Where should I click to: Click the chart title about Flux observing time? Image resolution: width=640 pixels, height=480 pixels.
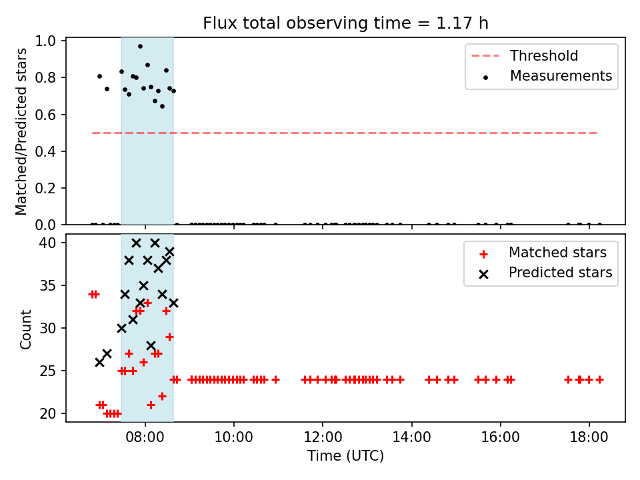[x=345, y=23]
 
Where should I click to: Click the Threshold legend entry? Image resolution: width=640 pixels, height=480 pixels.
[x=525, y=55]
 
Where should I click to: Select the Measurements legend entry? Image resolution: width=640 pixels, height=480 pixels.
[x=547, y=76]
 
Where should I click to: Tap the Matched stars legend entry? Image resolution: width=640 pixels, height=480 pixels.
[x=543, y=253]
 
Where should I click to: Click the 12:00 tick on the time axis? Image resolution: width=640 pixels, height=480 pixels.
[x=323, y=437]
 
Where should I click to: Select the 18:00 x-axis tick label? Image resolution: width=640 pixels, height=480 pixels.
[x=589, y=437]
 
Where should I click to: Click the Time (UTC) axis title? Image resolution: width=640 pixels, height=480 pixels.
[x=345, y=455]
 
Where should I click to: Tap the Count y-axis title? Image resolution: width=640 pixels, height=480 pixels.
[x=25, y=329]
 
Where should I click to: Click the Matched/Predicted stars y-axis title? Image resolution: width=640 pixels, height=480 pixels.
[x=21, y=131]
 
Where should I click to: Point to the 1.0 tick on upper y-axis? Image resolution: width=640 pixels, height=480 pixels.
[x=45, y=41]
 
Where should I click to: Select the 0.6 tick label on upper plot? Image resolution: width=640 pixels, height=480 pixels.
[x=45, y=115]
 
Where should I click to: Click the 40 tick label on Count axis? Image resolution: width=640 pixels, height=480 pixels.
[x=47, y=243]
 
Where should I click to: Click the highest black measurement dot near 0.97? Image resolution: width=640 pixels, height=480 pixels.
[x=140, y=47]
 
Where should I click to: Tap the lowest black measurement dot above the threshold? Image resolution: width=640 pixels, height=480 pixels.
[x=162, y=107]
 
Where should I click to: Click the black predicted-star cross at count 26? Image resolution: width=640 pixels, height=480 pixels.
[x=99, y=362]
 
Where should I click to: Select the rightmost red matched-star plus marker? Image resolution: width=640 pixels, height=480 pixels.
[x=599, y=379]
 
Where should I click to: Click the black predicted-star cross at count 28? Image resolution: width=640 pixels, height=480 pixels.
[x=151, y=346]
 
